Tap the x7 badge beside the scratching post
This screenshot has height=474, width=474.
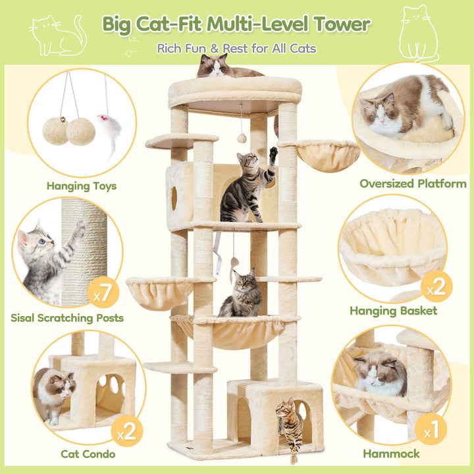pos(103,292)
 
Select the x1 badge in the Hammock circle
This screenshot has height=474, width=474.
pos(431,429)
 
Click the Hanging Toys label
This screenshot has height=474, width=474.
pos(82,186)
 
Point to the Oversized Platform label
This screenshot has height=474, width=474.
pos(413,184)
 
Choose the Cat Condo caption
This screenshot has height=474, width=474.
pos(88,454)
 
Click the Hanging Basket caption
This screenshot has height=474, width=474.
pos(394,311)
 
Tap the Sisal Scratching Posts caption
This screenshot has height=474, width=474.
pos(67,318)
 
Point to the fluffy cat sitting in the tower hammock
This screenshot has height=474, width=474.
pos(241,294)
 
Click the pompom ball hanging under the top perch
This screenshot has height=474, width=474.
pos(242,138)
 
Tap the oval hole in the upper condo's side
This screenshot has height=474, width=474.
pos(174,198)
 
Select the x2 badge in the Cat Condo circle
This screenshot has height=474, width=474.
pos(127,431)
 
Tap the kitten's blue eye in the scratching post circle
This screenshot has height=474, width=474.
pos(41,241)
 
